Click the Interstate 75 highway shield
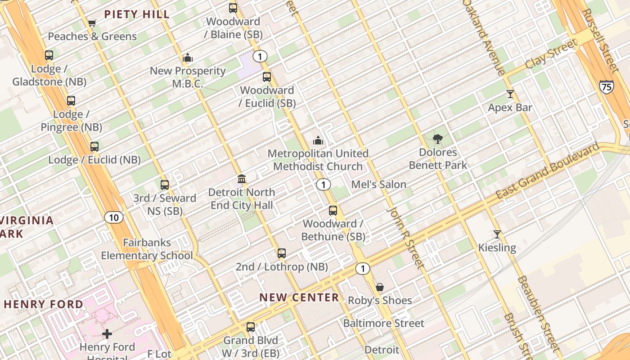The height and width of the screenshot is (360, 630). [x=606, y=87]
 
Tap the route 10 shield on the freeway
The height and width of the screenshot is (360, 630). [x=114, y=218]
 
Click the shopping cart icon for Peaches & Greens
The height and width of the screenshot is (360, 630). [x=92, y=23]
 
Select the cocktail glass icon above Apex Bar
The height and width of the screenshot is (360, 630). [x=510, y=94]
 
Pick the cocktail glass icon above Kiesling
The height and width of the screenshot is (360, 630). [x=497, y=234]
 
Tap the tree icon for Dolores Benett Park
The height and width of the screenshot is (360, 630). [x=437, y=139]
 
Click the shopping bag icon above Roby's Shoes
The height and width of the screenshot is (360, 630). [x=380, y=287]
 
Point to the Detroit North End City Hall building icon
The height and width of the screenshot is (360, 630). [x=242, y=179]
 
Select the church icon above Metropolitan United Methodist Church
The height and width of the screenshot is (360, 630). [x=318, y=140]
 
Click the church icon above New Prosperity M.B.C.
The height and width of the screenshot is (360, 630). [x=188, y=58]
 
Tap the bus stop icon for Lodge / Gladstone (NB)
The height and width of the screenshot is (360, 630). [x=49, y=55]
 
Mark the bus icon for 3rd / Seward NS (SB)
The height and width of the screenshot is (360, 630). [x=165, y=184]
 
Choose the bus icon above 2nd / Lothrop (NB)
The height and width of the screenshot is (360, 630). [x=282, y=253]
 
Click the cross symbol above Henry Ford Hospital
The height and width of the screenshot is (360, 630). [x=107, y=333]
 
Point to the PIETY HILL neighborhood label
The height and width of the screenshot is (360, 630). [x=137, y=14]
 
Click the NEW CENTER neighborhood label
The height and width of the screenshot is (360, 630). [x=299, y=297]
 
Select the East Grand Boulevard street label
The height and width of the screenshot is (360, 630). [x=547, y=171]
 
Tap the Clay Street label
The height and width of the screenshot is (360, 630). [x=551, y=54]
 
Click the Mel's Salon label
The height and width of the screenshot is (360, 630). [x=378, y=184]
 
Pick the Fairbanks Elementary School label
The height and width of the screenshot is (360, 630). [x=147, y=249]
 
